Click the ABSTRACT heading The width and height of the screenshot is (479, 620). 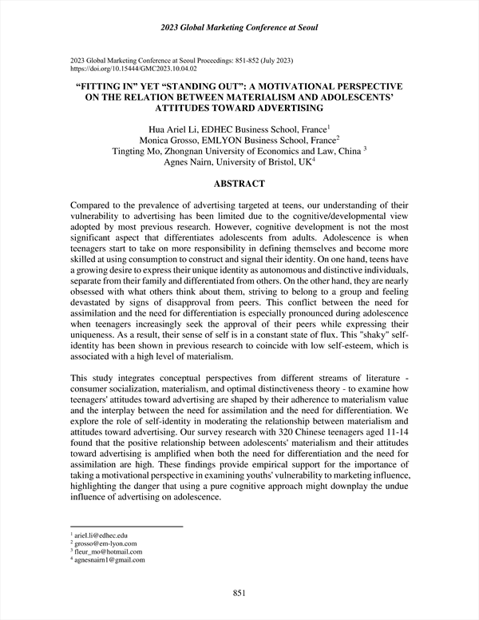click(239, 183)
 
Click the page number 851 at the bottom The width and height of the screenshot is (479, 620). click(239, 592)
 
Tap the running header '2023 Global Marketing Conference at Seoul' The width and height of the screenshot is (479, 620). click(239, 29)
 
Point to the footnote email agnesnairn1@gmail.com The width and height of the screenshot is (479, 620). click(111, 560)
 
